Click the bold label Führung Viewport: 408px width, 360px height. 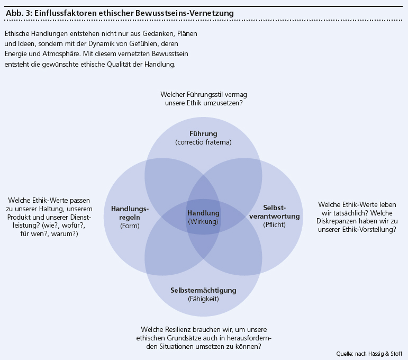(203, 133)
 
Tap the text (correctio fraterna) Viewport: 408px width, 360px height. (203, 142)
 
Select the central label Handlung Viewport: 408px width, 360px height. (203, 213)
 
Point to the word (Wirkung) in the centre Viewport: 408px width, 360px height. (203, 222)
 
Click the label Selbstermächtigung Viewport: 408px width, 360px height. (203, 290)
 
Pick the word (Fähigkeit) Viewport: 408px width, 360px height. (203, 299)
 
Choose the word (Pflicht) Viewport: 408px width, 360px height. (274, 224)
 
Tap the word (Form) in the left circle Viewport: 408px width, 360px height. (129, 226)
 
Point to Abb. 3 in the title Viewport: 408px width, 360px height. (18, 12)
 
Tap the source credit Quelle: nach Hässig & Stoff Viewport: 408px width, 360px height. (369, 353)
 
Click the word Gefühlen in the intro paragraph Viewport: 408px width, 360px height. (165, 43)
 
